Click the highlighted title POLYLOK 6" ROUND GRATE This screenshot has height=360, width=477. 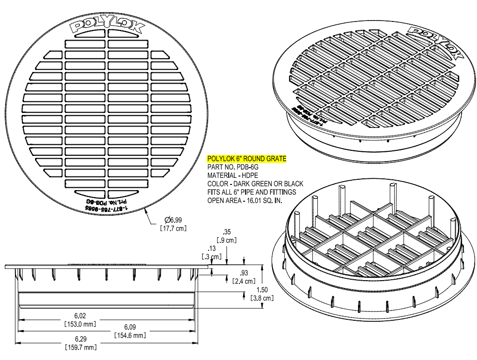tap(246, 159)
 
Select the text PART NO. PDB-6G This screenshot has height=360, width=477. tap(232, 167)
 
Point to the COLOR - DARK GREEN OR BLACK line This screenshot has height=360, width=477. tap(255, 184)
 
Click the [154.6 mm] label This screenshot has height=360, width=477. tap(129, 335)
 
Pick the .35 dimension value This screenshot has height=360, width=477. tap(227, 232)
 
